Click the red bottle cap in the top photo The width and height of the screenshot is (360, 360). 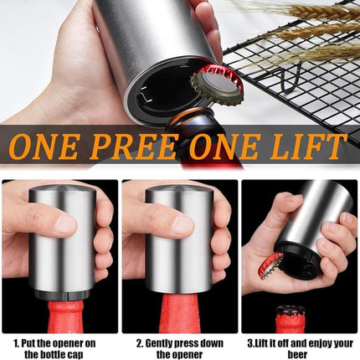coord(217,84)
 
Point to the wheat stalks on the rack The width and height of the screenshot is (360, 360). coord(310,21)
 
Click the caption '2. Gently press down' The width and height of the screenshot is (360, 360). coord(181,342)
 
